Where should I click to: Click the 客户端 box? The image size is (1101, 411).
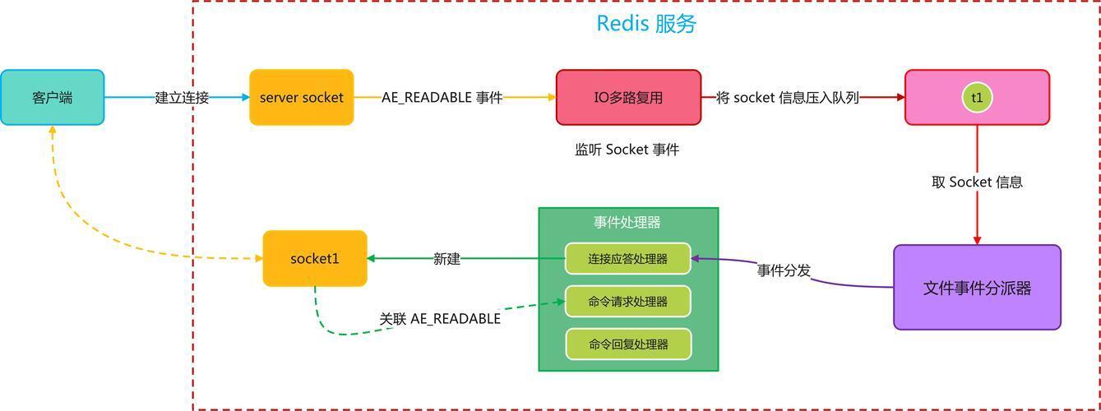point(52,97)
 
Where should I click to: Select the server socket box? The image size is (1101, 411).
point(301,97)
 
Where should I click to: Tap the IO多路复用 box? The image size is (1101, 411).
point(628,97)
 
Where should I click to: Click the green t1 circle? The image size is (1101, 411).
point(977,97)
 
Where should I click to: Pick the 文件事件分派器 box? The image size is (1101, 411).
point(977,287)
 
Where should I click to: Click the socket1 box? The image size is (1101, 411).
point(315,259)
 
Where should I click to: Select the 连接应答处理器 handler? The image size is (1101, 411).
point(627,259)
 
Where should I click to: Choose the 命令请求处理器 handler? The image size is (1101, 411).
point(627,302)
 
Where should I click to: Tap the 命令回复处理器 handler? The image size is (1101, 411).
point(628,344)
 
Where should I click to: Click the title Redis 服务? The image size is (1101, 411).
point(645,24)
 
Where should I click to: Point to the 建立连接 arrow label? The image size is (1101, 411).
point(182,97)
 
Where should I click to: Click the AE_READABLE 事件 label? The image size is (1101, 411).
point(442,97)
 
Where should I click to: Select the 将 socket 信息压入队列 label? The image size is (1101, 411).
point(787,97)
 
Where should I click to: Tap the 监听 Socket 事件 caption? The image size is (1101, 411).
point(627,150)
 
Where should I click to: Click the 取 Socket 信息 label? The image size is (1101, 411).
point(977,182)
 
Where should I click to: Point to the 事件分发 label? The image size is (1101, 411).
point(784,270)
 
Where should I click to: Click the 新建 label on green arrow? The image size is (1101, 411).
point(446,259)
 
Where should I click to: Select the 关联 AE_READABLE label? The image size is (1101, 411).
point(440,319)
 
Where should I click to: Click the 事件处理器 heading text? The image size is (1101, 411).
point(627,223)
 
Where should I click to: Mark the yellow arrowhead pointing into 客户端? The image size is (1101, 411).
point(53,130)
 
